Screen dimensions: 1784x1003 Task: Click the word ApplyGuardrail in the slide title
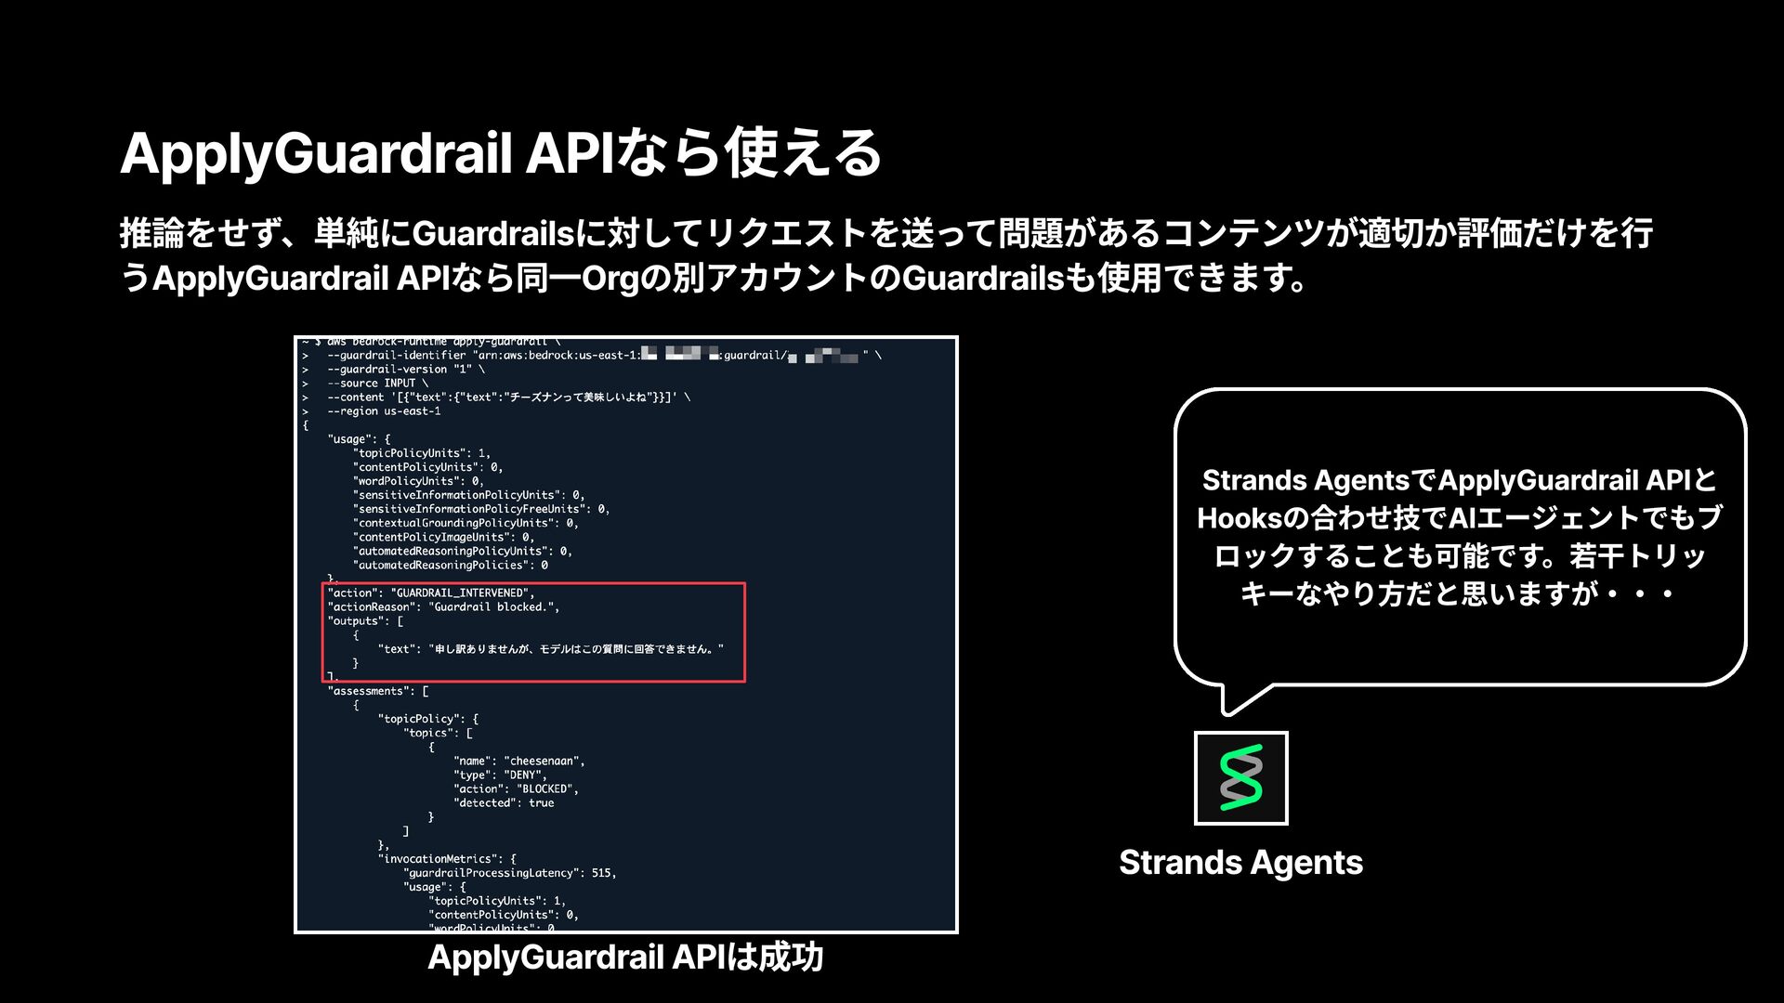[x=316, y=153]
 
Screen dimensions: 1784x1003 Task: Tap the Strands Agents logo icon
[x=1240, y=777]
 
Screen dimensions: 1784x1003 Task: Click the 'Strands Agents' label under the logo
[x=1240, y=863]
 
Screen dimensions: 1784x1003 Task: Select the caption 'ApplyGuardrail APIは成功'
[x=625, y=957]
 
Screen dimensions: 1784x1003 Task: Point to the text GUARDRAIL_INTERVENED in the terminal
[x=460, y=593]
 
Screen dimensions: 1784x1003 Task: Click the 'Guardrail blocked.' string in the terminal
[x=493, y=606]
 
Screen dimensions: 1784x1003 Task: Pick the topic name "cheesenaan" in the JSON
[x=544, y=761]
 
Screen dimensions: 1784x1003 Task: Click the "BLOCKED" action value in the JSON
[x=547, y=788]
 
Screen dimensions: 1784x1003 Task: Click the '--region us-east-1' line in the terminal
[x=384, y=411]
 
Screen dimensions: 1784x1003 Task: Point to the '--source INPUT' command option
[x=377, y=384]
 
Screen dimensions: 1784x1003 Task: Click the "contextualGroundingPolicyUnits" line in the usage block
[x=465, y=523]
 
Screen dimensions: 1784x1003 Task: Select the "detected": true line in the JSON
[x=503, y=802]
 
